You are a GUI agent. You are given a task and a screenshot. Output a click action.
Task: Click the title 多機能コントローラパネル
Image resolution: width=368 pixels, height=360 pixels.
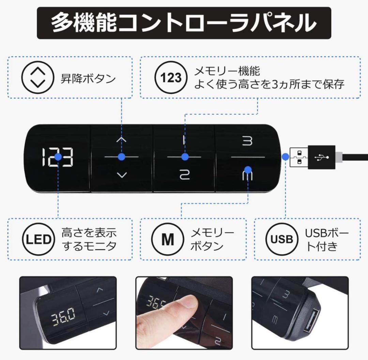pyautogui.click(x=184, y=23)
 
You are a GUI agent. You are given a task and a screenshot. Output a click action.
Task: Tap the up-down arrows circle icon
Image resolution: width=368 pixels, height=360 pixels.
pyautogui.click(x=37, y=77)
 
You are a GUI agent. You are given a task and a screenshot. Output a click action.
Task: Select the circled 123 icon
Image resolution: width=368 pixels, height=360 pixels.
pyautogui.click(x=171, y=78)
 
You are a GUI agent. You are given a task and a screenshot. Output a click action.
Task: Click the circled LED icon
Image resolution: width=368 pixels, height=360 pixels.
pyautogui.click(x=38, y=240)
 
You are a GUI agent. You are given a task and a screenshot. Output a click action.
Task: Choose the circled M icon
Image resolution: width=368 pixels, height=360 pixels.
pyautogui.click(x=167, y=240)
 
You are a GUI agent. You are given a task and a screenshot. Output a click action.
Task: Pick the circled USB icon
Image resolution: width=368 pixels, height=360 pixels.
pyautogui.click(x=282, y=240)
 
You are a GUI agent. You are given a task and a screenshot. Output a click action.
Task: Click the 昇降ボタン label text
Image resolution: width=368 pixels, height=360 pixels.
pyautogui.click(x=88, y=79)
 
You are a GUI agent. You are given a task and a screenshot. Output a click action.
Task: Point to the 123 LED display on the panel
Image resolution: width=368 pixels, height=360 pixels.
pyautogui.click(x=58, y=157)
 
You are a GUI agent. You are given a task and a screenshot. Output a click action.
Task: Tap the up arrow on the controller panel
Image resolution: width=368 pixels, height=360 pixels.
pyautogui.click(x=121, y=140)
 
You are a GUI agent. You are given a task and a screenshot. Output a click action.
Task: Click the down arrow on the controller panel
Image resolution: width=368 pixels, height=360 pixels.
pyautogui.click(x=121, y=175)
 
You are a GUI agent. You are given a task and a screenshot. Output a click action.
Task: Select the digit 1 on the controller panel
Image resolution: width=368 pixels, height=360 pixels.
pyautogui.click(x=184, y=140)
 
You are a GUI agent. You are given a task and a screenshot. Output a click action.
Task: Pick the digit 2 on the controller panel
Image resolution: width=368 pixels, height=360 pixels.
pyautogui.click(x=184, y=175)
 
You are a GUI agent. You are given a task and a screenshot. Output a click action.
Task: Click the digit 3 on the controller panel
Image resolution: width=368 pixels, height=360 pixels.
pyautogui.click(x=248, y=141)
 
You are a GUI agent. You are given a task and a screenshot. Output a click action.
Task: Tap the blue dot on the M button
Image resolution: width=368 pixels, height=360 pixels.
pyautogui.click(x=248, y=169)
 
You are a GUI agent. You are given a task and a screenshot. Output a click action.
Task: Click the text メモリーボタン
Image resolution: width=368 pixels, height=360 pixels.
pyautogui.click(x=212, y=240)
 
